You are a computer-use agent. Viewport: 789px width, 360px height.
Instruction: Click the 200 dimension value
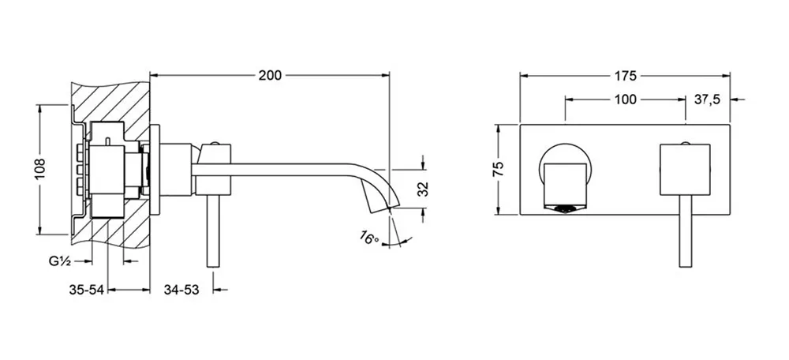coord(270,76)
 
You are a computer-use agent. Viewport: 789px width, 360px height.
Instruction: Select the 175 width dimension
coord(626,76)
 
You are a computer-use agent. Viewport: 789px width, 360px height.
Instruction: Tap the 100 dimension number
coord(626,99)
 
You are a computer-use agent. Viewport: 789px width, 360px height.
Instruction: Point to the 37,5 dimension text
coord(708,99)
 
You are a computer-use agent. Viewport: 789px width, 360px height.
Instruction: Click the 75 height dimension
coord(498,169)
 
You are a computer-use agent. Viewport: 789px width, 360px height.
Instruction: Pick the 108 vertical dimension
coord(40,170)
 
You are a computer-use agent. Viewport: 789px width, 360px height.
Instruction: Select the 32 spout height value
coord(423,189)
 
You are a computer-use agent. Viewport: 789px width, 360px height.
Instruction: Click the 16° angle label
coord(370,237)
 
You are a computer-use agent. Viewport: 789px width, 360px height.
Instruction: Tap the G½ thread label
coord(59,261)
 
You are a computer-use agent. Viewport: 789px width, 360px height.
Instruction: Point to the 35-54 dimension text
coord(86,290)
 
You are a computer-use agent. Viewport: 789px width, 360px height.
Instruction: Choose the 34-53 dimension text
coord(181,290)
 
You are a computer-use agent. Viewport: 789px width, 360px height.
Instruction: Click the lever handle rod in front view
coord(685,231)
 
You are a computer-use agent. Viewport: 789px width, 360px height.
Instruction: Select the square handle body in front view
coord(685,169)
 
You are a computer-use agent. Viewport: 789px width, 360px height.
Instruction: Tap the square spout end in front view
coord(565,184)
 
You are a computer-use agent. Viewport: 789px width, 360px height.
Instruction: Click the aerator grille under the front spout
coord(565,208)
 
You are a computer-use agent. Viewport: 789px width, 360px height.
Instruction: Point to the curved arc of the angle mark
coord(401,242)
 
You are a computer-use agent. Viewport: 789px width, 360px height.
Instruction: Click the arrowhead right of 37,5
coord(735,99)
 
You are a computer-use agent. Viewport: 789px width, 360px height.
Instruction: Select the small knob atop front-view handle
coord(685,144)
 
